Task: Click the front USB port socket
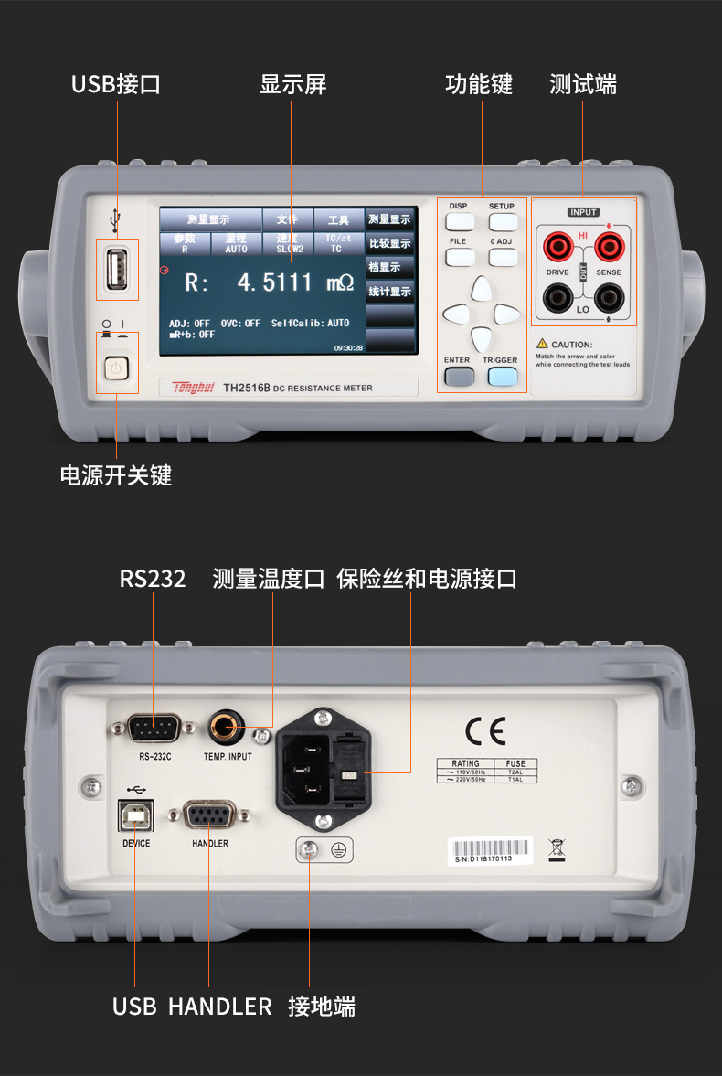(117, 269)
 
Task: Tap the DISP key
(458, 221)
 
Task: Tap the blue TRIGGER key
(501, 375)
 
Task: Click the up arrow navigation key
(480, 290)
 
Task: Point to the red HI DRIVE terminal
(557, 246)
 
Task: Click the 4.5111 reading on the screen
(274, 282)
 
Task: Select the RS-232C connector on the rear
(154, 728)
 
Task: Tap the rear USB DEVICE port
(135, 815)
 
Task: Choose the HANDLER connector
(209, 815)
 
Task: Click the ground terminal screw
(312, 850)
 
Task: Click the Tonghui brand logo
(192, 388)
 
